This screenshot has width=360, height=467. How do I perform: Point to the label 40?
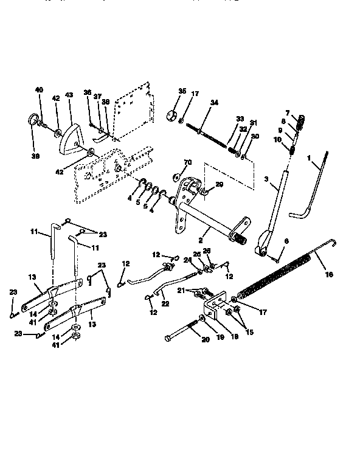(x=40, y=90)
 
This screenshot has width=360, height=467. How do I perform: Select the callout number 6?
(x=287, y=241)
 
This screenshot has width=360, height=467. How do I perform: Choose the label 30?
(x=255, y=137)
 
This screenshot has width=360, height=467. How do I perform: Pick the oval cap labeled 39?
(x=32, y=120)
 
